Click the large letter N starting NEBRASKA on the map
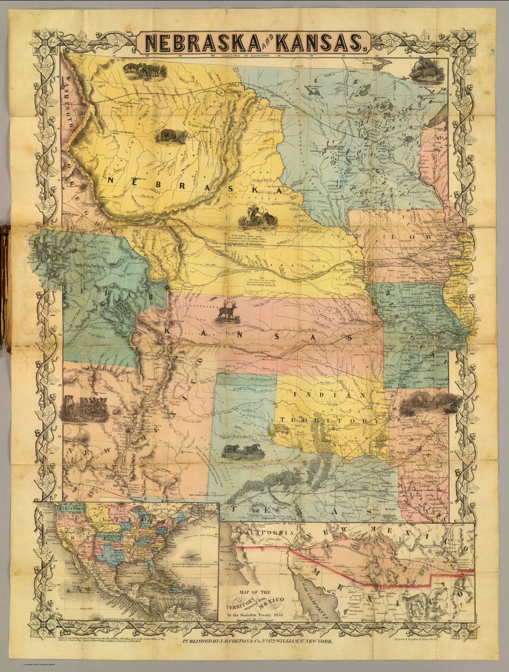coord(111,180)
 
